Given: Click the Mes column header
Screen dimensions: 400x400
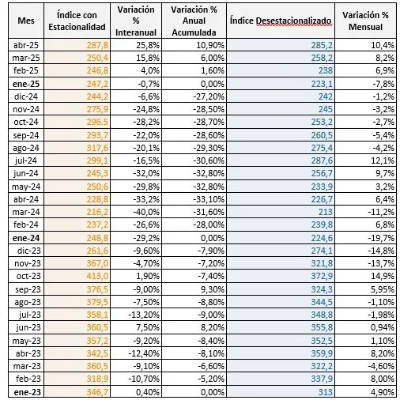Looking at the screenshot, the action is click(x=26, y=21).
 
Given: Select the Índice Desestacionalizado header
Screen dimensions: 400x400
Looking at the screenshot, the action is click(x=281, y=21).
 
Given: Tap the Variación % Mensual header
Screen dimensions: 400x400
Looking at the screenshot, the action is click(x=365, y=21).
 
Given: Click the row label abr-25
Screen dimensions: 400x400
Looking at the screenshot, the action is click(x=26, y=45).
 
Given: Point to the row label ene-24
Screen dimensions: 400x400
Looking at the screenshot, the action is click(x=26, y=238).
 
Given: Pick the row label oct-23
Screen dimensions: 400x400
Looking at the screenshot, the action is click(x=28, y=276).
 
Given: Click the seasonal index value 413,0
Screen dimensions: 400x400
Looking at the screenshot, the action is click(x=97, y=276).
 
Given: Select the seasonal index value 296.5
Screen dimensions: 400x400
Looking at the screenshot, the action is click(x=97, y=122).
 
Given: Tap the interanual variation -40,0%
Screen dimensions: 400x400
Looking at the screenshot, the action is click(x=146, y=212).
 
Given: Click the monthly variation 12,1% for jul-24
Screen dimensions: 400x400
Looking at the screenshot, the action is click(x=383, y=160).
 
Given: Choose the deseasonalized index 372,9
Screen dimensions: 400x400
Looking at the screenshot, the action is click(x=322, y=276).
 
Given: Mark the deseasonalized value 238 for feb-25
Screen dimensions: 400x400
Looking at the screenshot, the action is click(x=325, y=70).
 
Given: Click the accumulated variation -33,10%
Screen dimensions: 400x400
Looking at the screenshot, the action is click(x=209, y=199).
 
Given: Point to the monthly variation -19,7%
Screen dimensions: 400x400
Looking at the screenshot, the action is click(x=381, y=238).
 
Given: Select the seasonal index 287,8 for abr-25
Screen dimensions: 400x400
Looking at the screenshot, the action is click(x=97, y=45).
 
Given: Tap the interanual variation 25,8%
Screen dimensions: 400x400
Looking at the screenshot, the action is click(x=148, y=45).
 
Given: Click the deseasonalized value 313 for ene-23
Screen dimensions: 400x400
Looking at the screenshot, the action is click(x=325, y=392).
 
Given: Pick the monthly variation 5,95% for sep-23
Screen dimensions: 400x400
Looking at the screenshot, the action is click(x=383, y=289).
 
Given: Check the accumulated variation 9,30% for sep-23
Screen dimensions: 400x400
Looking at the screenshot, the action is click(x=213, y=289).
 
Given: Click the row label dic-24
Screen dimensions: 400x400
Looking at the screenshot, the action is click(x=26, y=96).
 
